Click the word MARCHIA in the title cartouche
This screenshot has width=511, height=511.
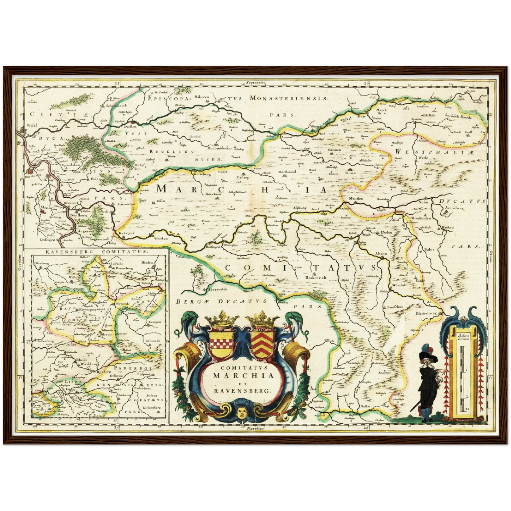click(x=243, y=375)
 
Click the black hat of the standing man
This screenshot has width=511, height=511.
click(x=429, y=358)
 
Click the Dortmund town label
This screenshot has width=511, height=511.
click(x=287, y=172)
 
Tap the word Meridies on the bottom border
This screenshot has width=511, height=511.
click(x=256, y=427)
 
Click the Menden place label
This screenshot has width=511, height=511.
click(x=356, y=198)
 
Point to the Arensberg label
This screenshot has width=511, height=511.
click(x=454, y=208)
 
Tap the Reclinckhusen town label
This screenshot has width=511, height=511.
click(x=219, y=149)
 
